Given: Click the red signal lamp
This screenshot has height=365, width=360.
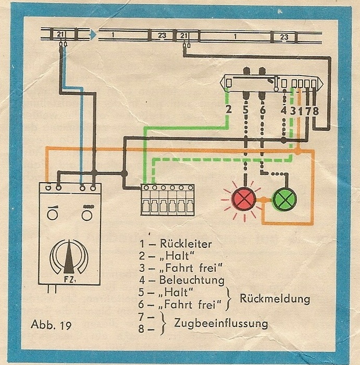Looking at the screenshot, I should (x=242, y=199).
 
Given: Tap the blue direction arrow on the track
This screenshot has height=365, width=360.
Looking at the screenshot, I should (x=92, y=35).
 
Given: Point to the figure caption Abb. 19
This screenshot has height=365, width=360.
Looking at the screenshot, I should (x=48, y=326).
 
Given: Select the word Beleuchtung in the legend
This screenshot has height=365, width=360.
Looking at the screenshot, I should (x=190, y=281).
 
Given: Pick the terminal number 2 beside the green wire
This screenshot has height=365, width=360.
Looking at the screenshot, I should (x=228, y=110).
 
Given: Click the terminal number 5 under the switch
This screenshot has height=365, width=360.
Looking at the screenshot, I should (x=245, y=110).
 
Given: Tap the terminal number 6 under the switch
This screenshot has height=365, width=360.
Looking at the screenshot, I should (x=263, y=110).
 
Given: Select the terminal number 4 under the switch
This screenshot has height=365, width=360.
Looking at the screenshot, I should (x=283, y=110).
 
